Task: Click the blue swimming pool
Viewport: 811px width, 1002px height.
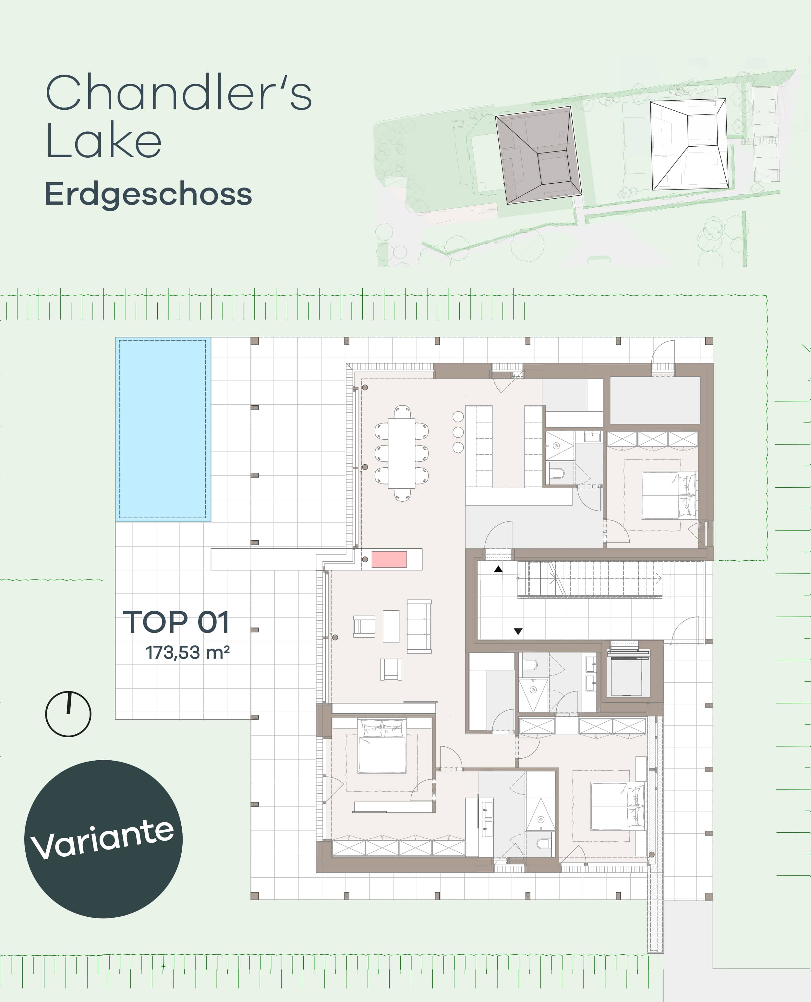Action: [163, 429]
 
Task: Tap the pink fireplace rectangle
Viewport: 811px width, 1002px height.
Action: [389, 559]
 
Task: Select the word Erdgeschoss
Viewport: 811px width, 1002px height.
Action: [148, 194]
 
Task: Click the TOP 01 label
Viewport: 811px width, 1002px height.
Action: [176, 622]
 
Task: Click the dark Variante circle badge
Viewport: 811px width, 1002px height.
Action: [103, 839]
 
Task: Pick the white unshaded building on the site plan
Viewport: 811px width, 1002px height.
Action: [689, 145]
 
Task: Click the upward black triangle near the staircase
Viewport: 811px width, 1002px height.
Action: [499, 569]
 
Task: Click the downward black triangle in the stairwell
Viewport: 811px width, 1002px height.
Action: [518, 631]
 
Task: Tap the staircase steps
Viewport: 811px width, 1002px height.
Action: [593, 580]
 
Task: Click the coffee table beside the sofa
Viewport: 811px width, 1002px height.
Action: [391, 626]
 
